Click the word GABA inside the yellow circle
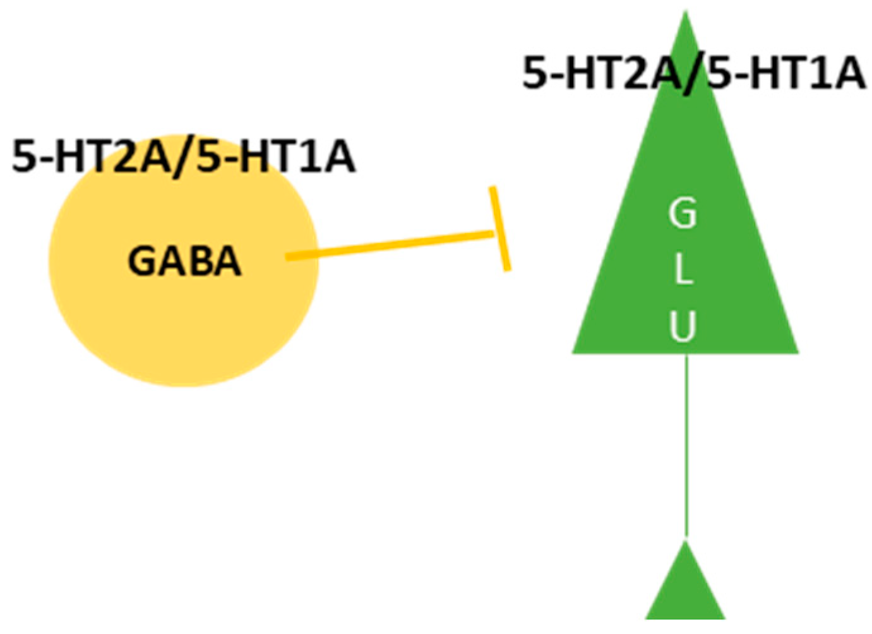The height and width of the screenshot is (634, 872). pos(184,261)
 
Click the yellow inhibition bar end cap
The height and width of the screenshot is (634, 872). pos(501,229)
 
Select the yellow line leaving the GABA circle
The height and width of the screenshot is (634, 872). pos(388,245)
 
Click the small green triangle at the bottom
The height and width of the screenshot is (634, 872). pos(685,590)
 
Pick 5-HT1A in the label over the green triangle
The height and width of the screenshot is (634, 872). pos(787,73)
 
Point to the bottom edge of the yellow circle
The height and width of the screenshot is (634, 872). pos(184,384)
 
